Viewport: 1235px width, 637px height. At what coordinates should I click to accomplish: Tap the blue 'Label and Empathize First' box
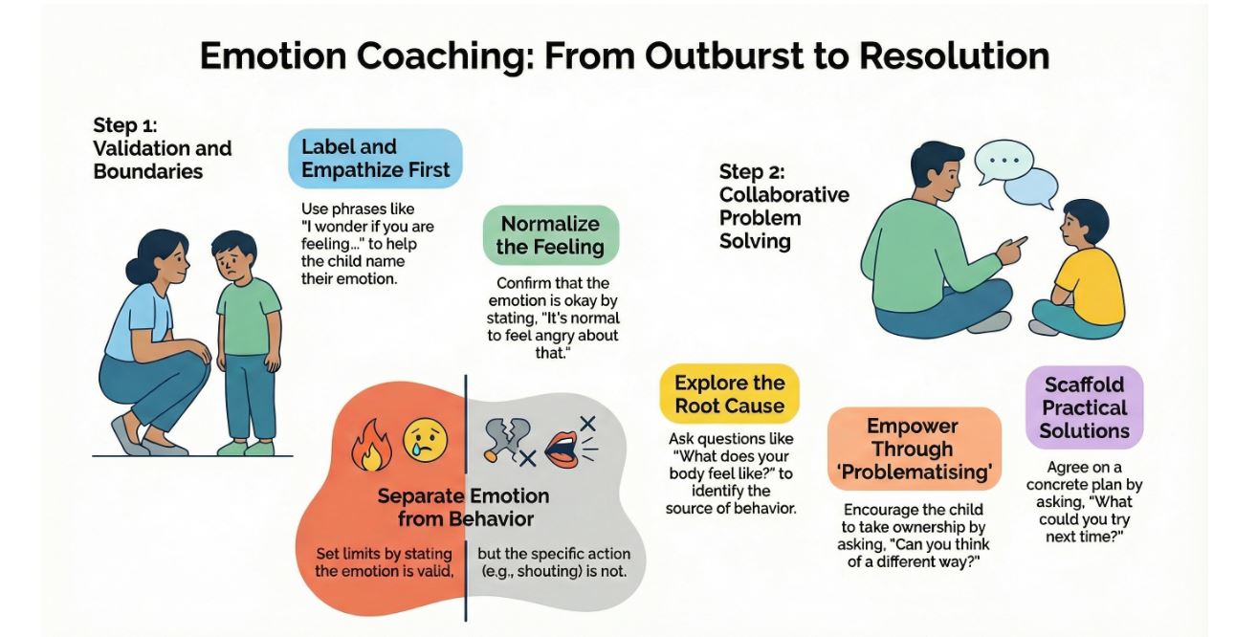pyautogui.click(x=375, y=159)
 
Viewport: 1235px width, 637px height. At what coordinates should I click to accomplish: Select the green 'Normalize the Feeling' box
pyautogui.click(x=551, y=235)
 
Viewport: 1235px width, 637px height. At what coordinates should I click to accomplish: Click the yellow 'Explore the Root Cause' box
pyautogui.click(x=729, y=394)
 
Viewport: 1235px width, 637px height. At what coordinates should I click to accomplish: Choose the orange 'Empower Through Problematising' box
pyautogui.click(x=915, y=449)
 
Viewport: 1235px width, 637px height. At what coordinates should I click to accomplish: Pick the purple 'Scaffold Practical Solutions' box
pyautogui.click(x=1085, y=407)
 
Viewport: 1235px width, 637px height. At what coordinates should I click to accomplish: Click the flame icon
pyautogui.click(x=371, y=445)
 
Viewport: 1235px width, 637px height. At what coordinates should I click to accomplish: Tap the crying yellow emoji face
pyautogui.click(x=425, y=441)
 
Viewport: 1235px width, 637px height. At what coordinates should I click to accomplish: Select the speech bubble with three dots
pyautogui.click(x=1003, y=162)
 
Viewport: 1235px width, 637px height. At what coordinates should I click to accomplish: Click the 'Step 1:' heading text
pyautogui.click(x=125, y=125)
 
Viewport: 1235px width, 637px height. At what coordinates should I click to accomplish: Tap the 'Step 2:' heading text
pyautogui.click(x=752, y=172)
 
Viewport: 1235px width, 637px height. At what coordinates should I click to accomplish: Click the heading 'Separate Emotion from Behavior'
pyautogui.click(x=464, y=508)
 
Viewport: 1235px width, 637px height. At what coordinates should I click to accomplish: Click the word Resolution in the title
pyautogui.click(x=954, y=55)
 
